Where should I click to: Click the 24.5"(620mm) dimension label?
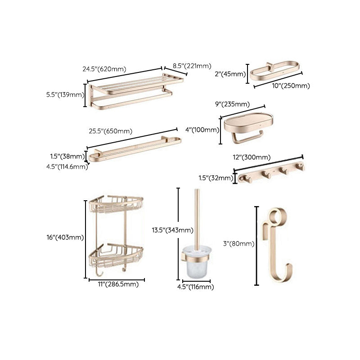(x=104, y=69)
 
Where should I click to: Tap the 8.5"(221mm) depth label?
(x=192, y=66)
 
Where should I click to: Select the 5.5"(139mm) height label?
(x=65, y=94)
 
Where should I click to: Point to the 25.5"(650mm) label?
(x=110, y=131)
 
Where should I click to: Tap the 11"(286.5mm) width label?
(x=117, y=284)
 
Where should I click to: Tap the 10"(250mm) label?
(x=291, y=85)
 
